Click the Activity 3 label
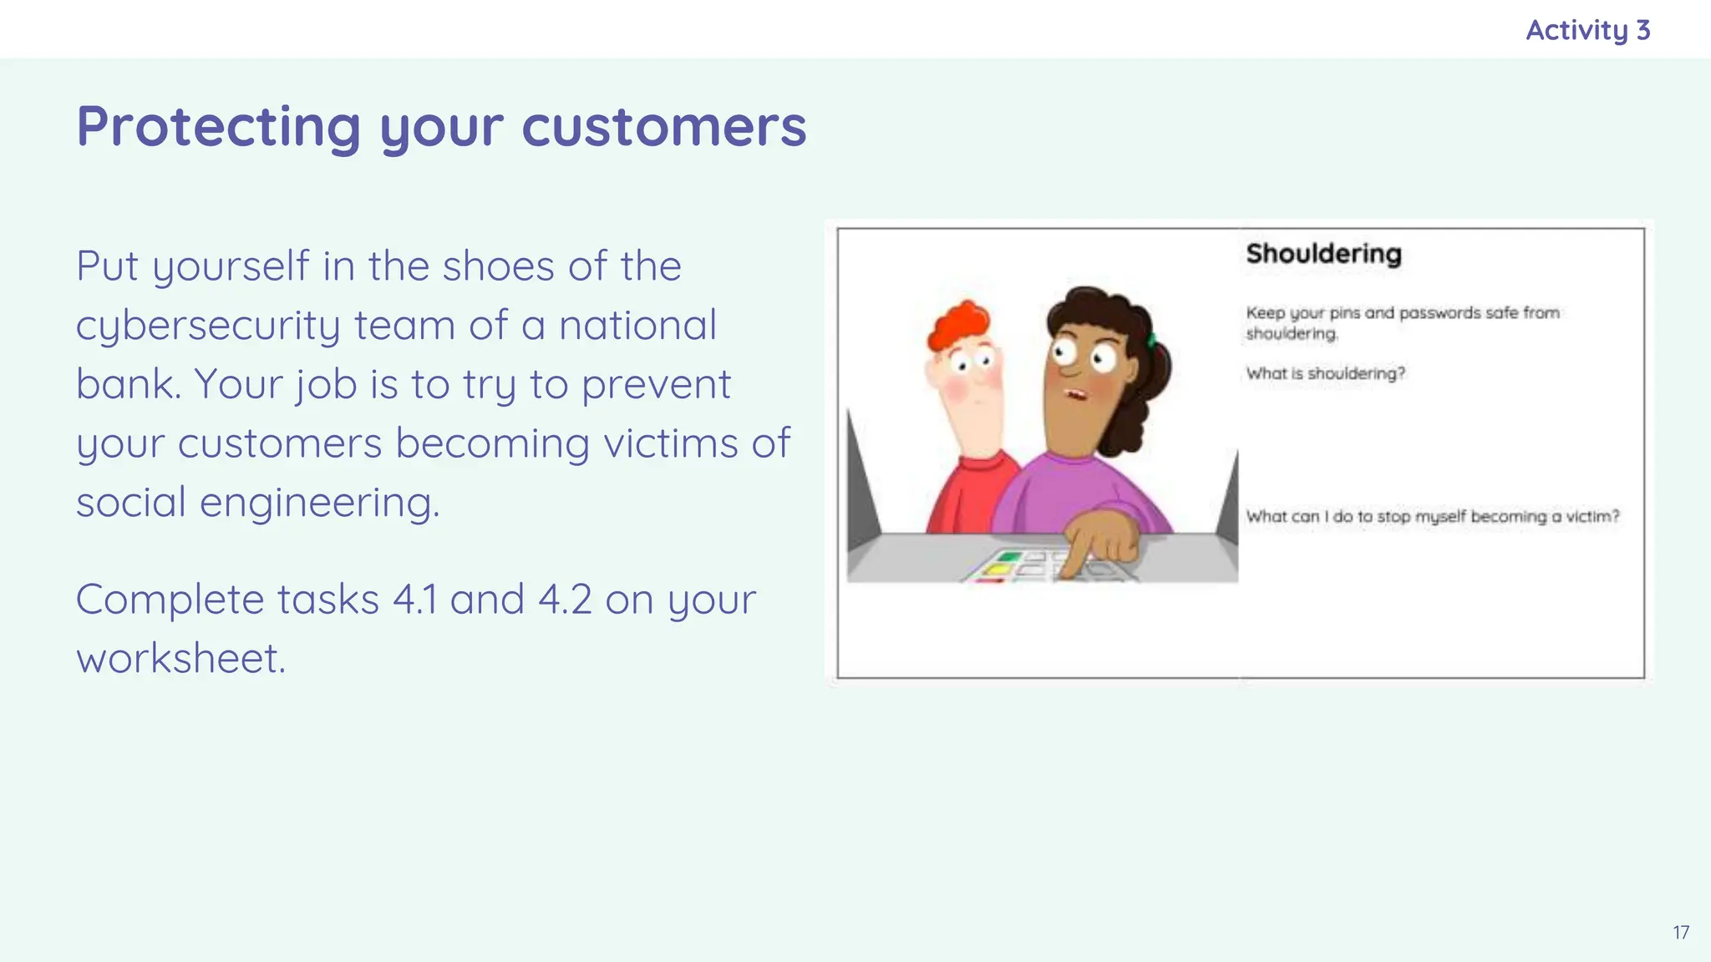(1587, 30)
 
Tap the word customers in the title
(664, 127)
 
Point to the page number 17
(1681, 933)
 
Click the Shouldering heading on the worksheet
(1323, 253)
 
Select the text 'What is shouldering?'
(1325, 373)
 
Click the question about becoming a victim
(1432, 516)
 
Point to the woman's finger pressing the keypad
(1078, 558)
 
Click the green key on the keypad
(1010, 556)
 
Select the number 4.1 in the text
(414, 600)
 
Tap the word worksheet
(180, 659)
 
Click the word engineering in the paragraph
(319, 503)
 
